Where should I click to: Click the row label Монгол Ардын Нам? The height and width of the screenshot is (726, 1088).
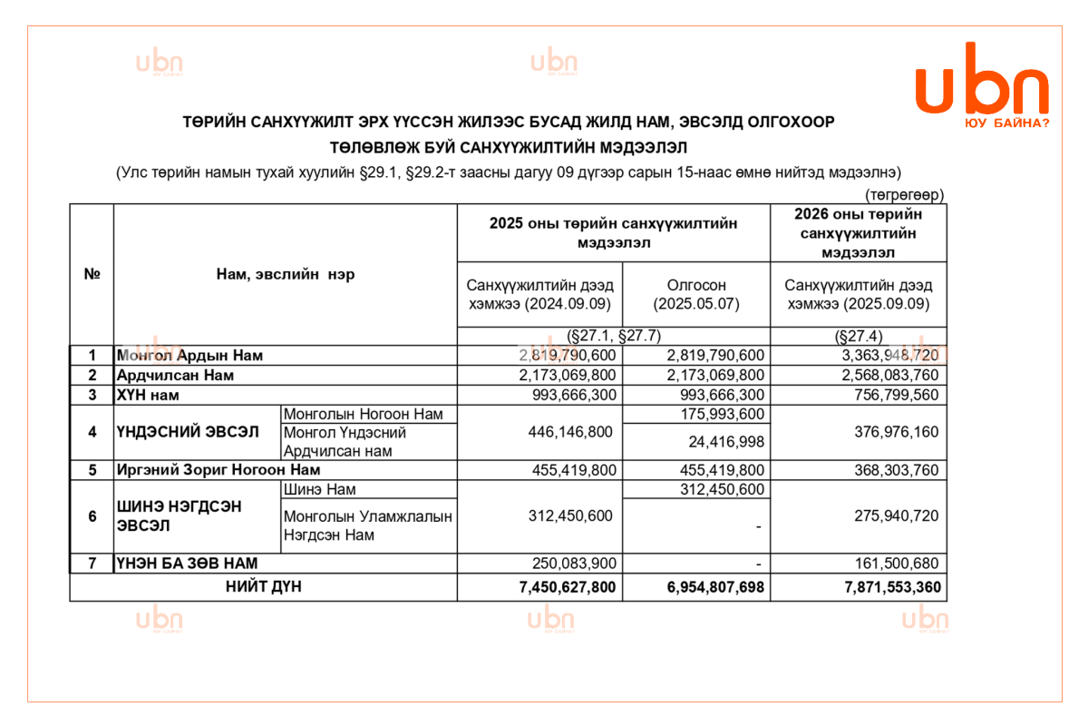(189, 355)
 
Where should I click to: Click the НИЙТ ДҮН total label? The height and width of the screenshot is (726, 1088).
(264, 587)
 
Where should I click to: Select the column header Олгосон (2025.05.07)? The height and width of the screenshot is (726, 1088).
(696, 294)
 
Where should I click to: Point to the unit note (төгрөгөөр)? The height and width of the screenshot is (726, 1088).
(904, 195)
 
